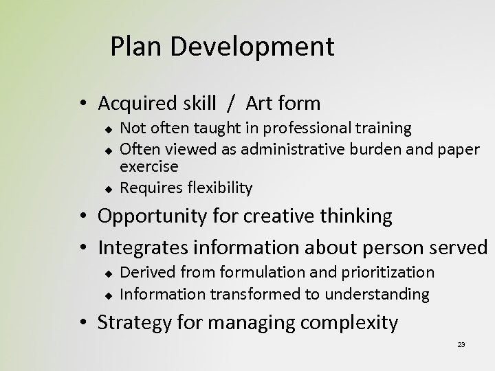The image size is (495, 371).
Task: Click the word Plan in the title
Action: (133, 47)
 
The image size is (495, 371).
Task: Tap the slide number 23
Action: (461, 345)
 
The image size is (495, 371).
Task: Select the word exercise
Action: (149, 167)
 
